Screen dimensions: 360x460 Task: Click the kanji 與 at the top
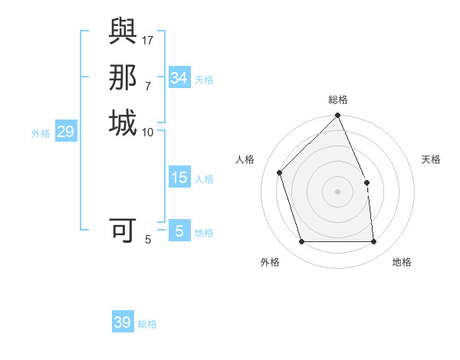(123, 32)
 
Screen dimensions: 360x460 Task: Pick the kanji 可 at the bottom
(123, 230)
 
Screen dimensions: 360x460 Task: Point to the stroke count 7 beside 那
(148, 85)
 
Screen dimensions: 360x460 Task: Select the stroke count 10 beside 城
(148, 132)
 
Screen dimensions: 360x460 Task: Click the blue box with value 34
(179, 78)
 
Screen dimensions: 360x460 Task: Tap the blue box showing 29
(66, 133)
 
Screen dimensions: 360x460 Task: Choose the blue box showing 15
(179, 178)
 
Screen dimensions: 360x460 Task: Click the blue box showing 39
(123, 323)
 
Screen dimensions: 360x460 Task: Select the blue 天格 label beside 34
(204, 79)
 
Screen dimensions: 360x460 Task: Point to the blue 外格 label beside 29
(41, 133)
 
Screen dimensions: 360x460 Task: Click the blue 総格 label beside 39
(147, 324)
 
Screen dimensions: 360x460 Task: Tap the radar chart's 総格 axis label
(338, 100)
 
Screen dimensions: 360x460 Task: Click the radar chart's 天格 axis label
(432, 159)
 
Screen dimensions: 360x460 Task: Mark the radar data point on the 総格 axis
(338, 116)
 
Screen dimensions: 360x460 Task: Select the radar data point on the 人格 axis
(280, 172)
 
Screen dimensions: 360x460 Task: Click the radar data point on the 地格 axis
(374, 242)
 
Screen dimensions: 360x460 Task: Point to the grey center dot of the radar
(338, 191)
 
